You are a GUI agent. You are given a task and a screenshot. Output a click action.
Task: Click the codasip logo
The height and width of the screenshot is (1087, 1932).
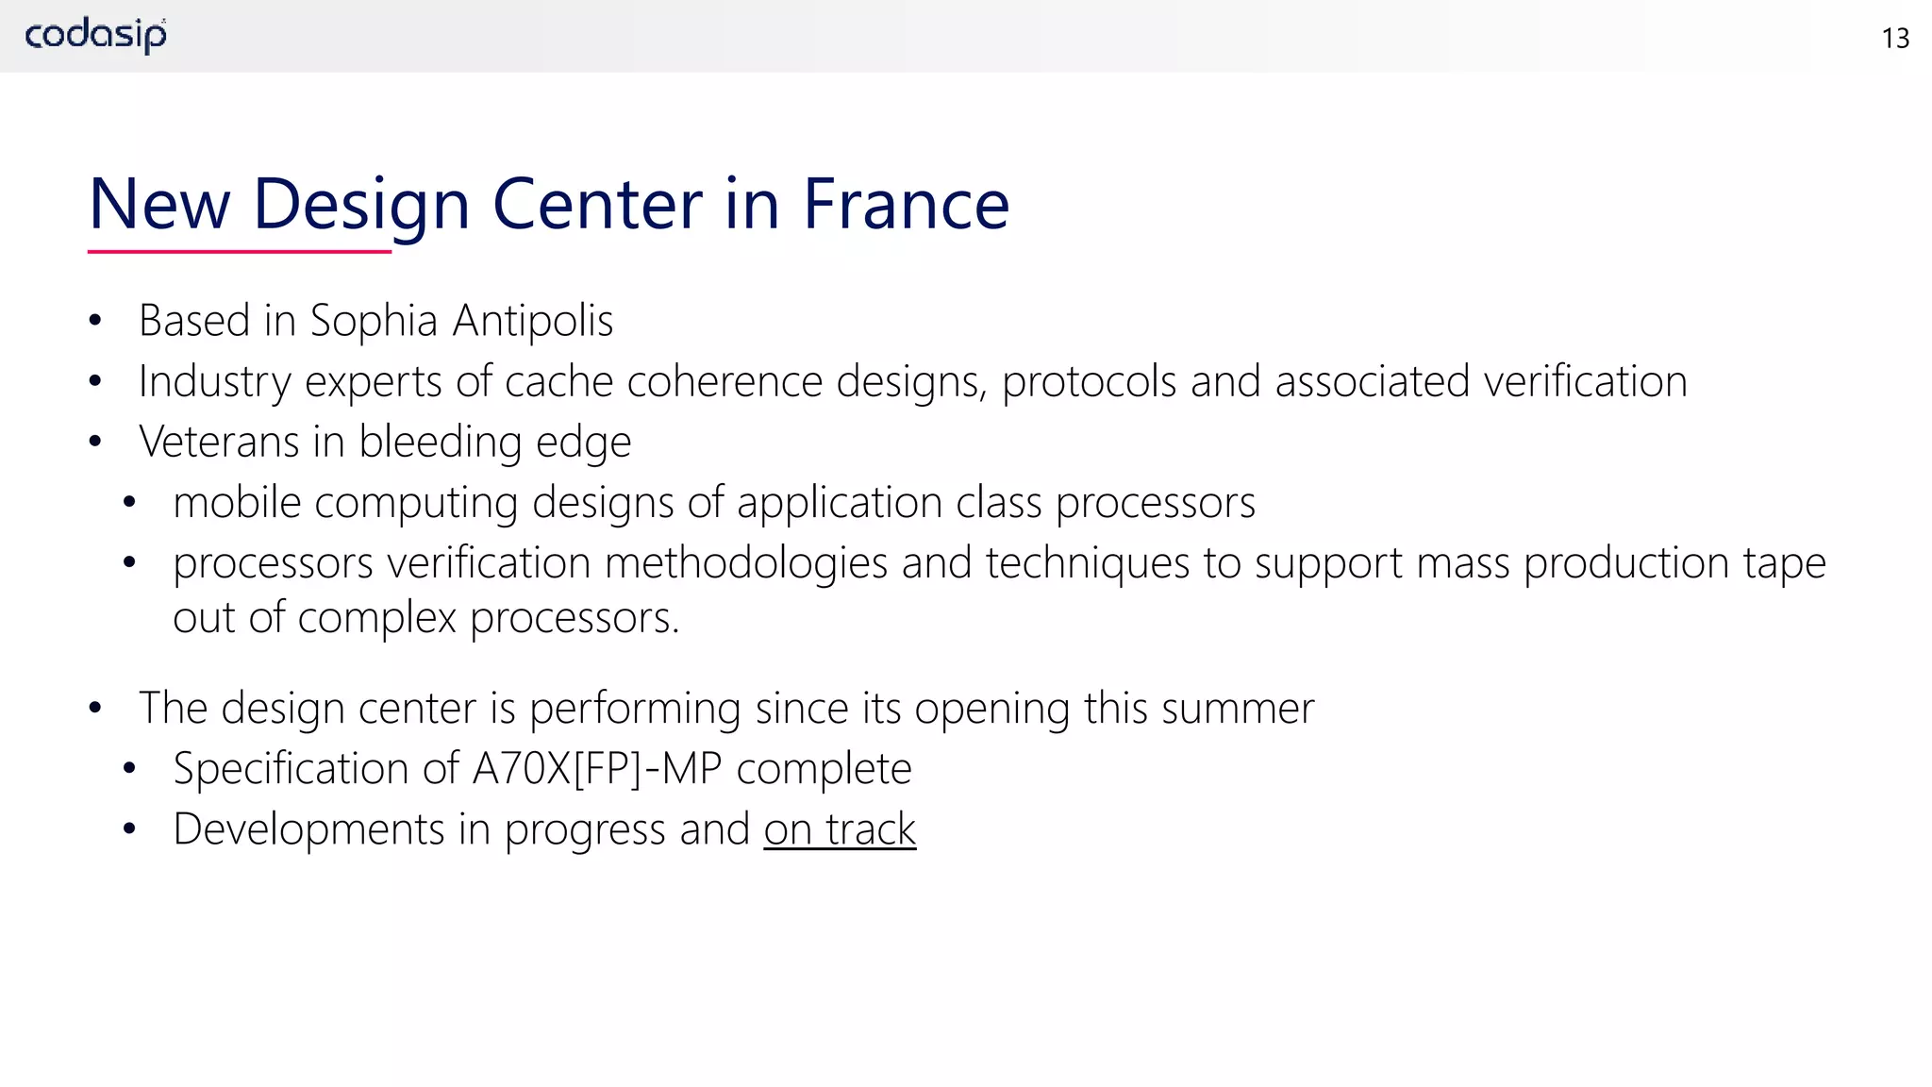[95, 36]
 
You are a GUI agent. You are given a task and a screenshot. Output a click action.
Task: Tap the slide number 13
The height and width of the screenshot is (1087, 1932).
[1894, 39]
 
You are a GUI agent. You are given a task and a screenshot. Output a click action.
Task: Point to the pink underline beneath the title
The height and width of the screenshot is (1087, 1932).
[239, 252]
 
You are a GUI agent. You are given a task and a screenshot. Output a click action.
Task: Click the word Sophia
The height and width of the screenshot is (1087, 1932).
[374, 321]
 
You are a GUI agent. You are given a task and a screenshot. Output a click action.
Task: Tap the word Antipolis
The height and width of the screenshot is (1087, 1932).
[533, 321]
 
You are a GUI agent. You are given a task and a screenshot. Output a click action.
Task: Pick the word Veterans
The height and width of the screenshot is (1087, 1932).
[219, 442]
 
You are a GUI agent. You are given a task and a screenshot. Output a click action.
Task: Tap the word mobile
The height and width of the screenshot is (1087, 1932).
[237, 502]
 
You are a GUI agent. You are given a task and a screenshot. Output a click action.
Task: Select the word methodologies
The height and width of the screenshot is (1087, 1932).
[746, 563]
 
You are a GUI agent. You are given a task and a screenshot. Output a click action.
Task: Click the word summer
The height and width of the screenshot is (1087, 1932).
[1238, 708]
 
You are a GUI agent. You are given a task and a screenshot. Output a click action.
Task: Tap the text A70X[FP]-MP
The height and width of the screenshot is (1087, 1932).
[597, 768]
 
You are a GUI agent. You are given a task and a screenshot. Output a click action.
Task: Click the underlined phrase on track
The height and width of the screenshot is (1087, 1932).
[840, 829]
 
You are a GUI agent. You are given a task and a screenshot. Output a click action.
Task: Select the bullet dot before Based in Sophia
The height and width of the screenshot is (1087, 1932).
[94, 322]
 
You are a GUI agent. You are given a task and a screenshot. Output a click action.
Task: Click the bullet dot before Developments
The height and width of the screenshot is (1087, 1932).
[129, 829]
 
